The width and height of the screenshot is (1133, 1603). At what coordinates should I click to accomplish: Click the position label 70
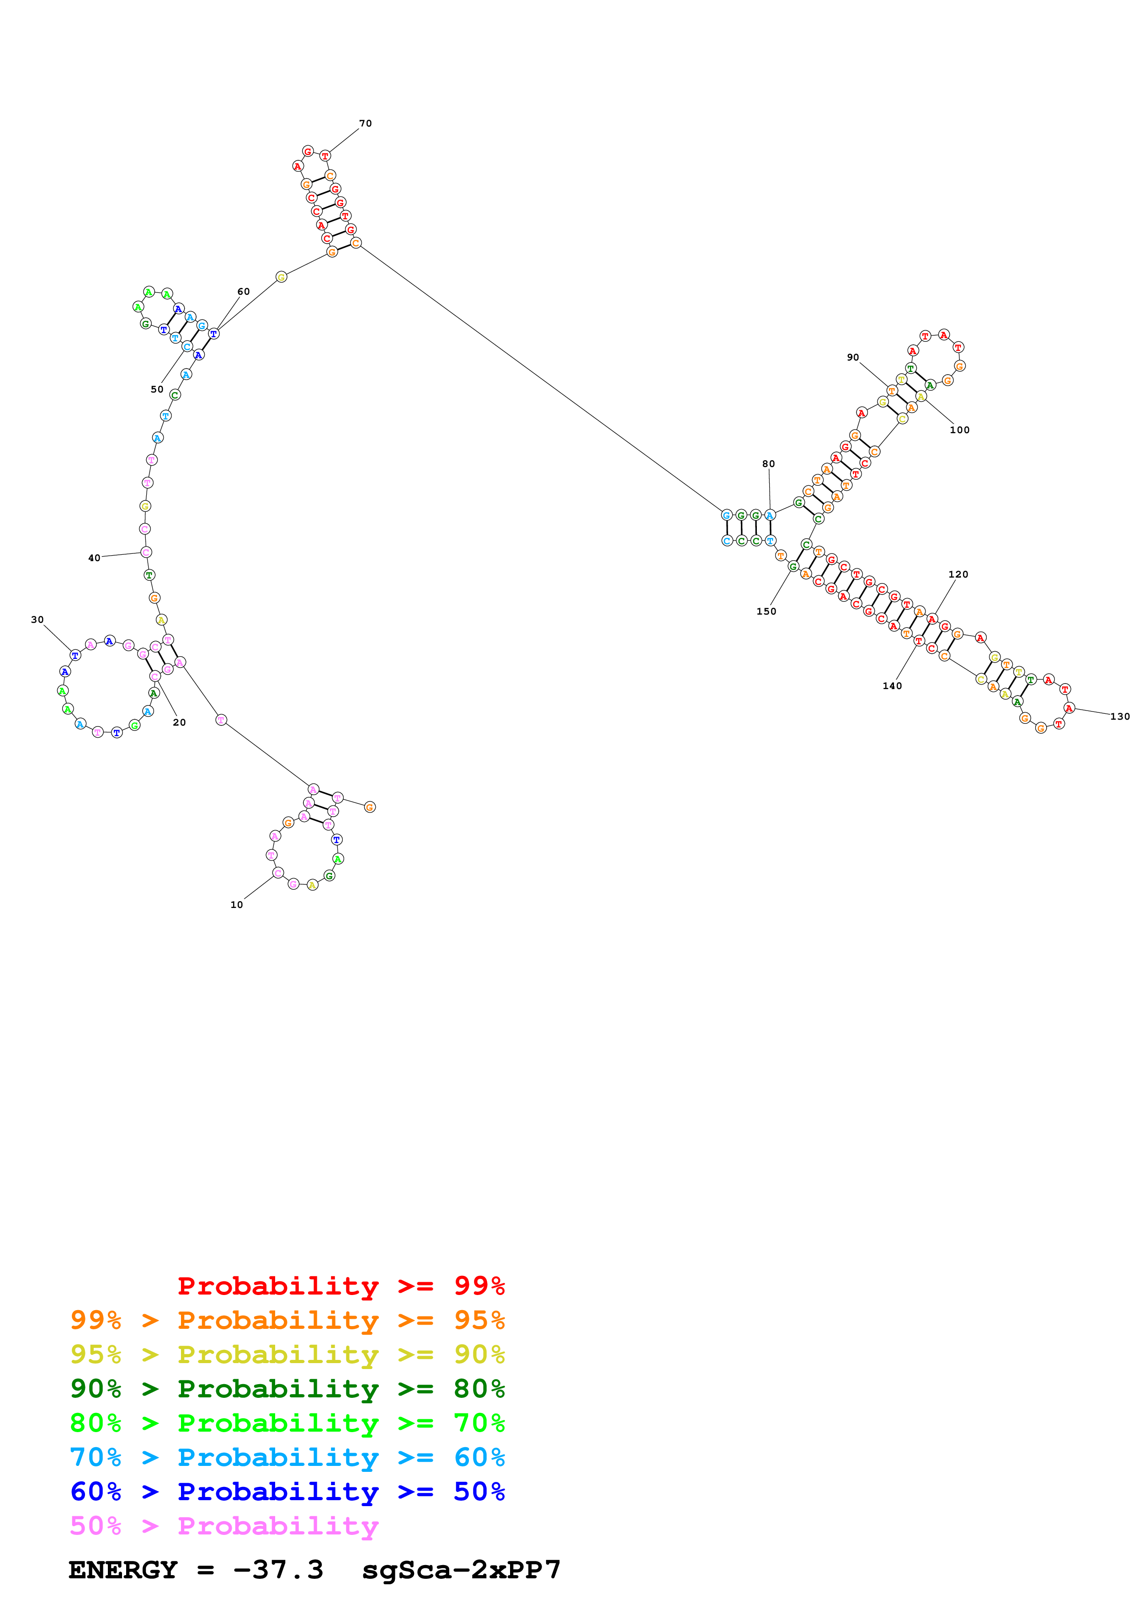click(365, 123)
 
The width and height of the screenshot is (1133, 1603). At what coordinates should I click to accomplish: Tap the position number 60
click(243, 292)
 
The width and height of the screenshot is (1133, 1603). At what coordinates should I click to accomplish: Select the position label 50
click(157, 390)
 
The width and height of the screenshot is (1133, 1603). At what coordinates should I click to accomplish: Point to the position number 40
click(94, 558)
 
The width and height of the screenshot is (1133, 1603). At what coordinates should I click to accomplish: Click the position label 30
click(37, 619)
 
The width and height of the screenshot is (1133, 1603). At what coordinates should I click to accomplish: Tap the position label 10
click(237, 905)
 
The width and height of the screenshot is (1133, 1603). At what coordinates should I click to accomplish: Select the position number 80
click(768, 464)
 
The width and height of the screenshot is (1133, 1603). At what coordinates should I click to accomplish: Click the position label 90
click(852, 357)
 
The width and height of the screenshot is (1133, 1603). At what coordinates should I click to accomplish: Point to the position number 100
click(959, 430)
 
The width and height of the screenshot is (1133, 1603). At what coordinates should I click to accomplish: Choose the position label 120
click(958, 574)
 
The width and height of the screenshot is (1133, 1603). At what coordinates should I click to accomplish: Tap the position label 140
click(892, 686)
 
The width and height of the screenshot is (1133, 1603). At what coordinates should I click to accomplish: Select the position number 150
click(766, 611)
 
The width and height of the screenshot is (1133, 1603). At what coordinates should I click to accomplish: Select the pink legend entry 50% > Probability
click(223, 1526)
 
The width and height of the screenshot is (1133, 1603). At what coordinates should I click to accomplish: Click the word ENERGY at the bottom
click(123, 1570)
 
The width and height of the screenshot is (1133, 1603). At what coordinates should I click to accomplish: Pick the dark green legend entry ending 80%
click(287, 1389)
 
